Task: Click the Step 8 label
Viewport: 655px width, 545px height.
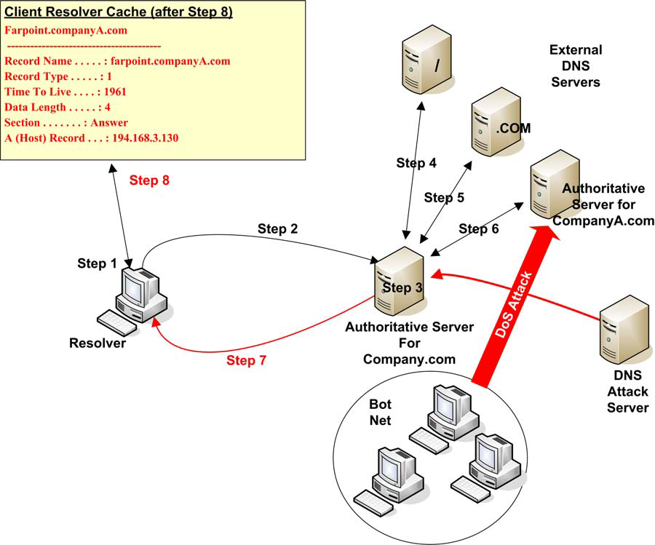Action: click(149, 180)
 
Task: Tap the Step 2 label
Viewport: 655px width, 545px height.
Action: click(277, 228)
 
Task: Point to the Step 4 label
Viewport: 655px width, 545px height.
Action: click(416, 163)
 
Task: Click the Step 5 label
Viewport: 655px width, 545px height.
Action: click(444, 197)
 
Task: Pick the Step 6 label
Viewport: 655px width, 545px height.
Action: click(478, 229)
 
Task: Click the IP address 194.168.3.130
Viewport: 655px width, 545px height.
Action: click(146, 138)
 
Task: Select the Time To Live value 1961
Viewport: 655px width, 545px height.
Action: click(115, 92)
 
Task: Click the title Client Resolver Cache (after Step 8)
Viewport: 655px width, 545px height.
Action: click(119, 13)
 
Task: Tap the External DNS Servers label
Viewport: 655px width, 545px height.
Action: click(575, 66)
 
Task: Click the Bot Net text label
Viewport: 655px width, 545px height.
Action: click(380, 412)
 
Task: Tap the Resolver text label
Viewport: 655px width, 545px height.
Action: click(97, 343)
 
